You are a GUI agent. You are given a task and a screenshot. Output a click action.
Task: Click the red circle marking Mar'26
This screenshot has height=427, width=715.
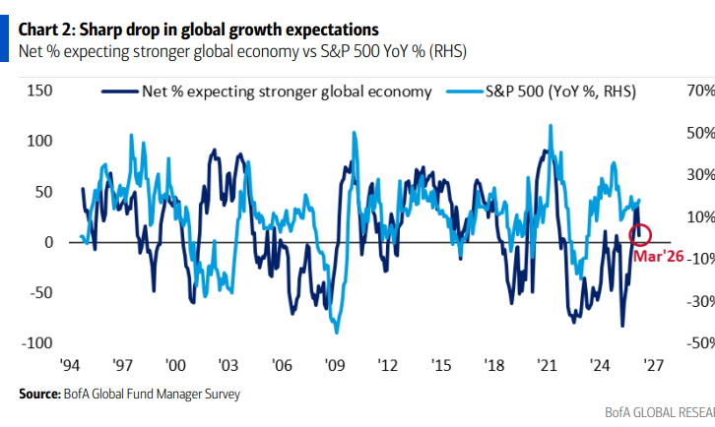point(641,235)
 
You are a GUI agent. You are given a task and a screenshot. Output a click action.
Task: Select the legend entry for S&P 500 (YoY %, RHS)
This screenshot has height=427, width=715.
point(554,92)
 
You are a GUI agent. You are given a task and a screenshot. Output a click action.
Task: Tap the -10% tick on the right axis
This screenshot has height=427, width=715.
point(692,259)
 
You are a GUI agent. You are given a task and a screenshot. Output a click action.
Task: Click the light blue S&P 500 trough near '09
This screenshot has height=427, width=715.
point(336,332)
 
